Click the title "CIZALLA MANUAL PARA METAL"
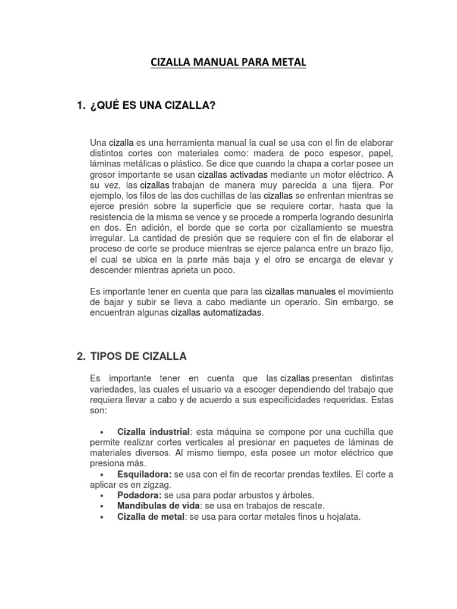point(228,62)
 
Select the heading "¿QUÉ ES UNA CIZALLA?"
point(152,105)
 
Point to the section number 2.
point(81,356)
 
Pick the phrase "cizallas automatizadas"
point(217,313)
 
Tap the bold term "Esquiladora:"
point(145,474)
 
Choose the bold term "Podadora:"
point(141,495)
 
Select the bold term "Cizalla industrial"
point(154,431)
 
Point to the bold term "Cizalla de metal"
point(151,517)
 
